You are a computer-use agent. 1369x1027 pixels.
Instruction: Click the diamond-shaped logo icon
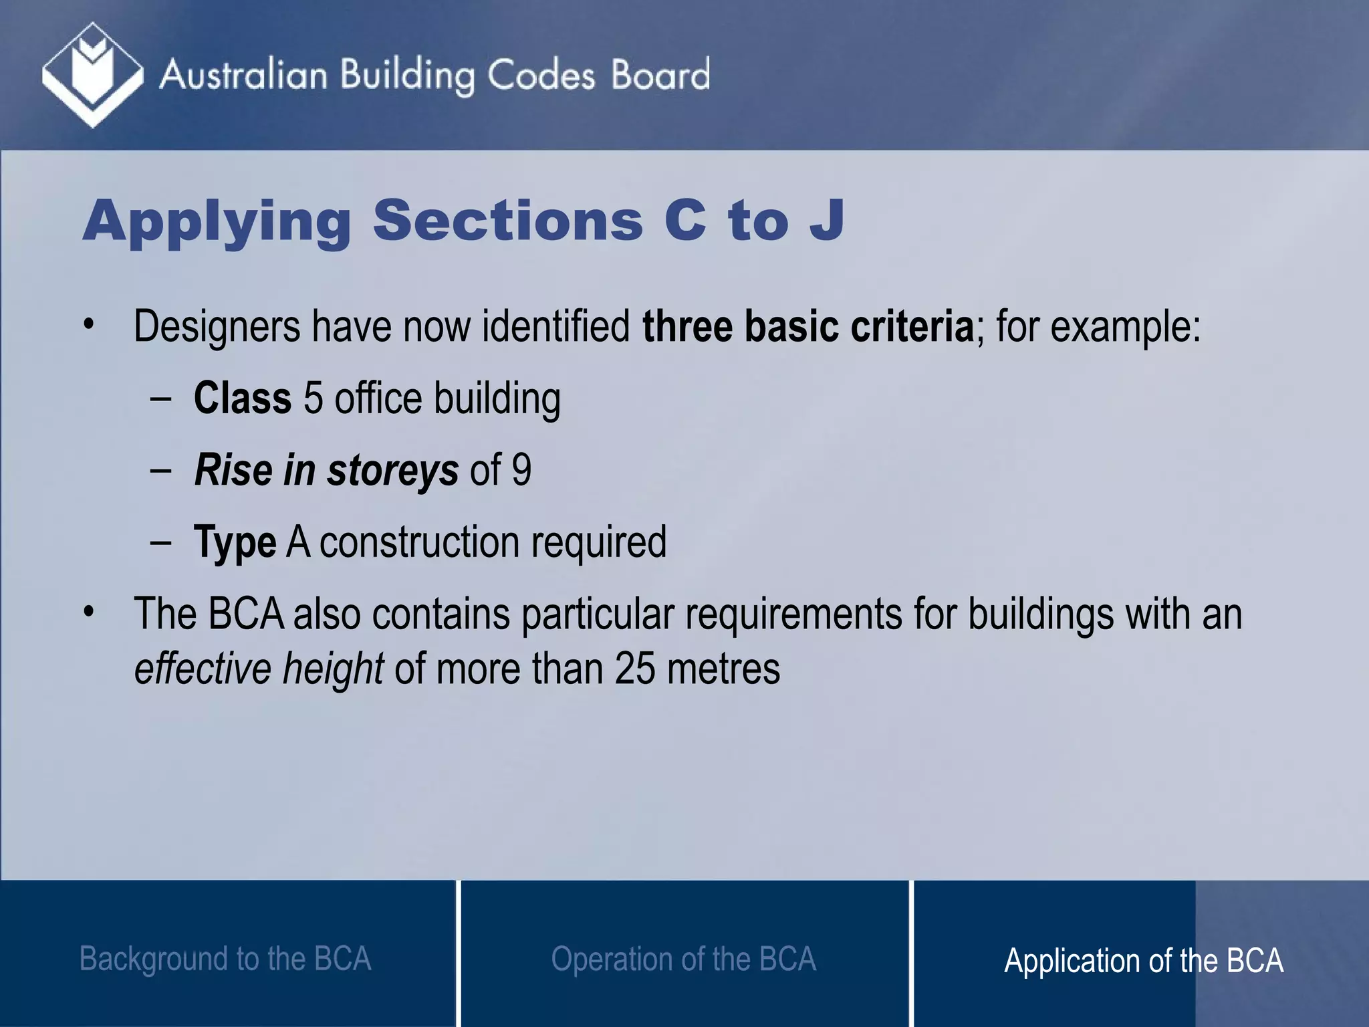point(92,74)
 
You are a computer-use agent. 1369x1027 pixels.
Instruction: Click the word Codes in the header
point(540,75)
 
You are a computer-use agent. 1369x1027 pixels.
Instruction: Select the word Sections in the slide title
point(507,220)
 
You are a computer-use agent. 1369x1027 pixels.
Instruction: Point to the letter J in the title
point(827,220)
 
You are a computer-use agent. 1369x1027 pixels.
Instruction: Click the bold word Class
point(243,398)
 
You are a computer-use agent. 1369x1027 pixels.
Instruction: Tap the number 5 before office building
point(314,398)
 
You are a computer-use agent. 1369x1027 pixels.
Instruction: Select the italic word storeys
point(392,470)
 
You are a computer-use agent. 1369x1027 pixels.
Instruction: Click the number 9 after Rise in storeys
point(521,470)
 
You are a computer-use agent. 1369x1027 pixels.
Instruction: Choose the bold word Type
point(235,542)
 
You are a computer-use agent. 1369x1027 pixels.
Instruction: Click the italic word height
point(332,668)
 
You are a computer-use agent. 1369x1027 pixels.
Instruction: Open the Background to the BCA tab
point(225,959)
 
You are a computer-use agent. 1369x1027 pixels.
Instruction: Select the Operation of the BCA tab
point(683,959)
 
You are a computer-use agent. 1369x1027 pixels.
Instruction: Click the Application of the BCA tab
point(1143,960)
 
